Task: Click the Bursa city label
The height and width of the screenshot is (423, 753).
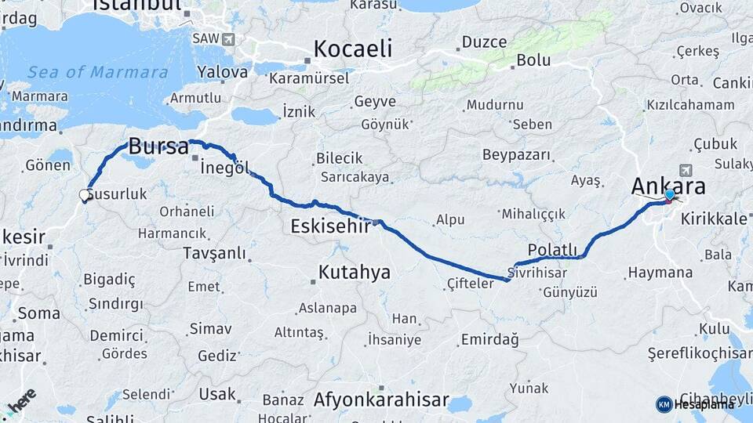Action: point(158,146)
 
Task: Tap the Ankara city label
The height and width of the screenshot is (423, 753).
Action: point(668,186)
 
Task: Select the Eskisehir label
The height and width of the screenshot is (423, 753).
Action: point(329,226)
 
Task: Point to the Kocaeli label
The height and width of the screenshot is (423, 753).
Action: point(352,49)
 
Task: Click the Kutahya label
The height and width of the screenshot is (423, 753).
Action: point(354,273)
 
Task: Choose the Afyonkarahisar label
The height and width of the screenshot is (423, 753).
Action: point(381,400)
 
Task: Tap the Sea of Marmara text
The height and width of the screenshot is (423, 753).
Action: point(98,73)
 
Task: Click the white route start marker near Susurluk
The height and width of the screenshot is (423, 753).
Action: point(85,196)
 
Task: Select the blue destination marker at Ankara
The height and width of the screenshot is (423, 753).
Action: point(669,195)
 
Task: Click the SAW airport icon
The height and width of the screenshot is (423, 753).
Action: point(227,38)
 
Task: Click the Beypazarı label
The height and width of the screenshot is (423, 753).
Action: point(516,154)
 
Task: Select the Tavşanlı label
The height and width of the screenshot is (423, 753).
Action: point(213,253)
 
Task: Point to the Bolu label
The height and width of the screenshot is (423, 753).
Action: point(533,60)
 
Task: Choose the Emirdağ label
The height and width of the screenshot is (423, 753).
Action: point(489,339)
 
